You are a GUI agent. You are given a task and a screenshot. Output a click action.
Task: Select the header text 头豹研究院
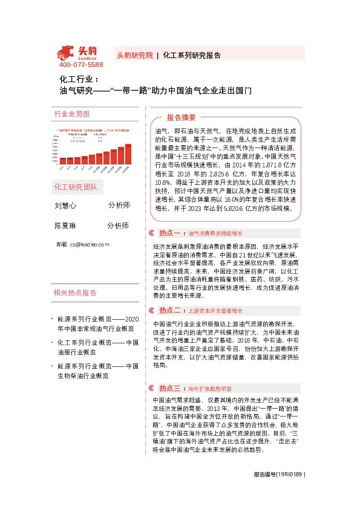(134, 54)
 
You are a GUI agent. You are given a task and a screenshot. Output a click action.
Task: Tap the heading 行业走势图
(71, 114)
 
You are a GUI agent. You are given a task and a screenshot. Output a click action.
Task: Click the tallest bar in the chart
(128, 157)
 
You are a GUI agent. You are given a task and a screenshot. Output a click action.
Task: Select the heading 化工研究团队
(75, 186)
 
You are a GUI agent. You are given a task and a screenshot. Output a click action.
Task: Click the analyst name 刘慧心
(65, 206)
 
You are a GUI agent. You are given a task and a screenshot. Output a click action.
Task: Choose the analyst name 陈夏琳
(65, 225)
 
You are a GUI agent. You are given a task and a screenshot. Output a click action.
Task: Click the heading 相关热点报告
(75, 276)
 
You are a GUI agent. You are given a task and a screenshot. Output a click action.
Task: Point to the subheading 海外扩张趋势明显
(210, 388)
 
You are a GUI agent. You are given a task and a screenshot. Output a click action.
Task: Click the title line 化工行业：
(74, 79)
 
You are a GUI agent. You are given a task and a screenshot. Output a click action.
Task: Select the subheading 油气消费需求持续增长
(215, 233)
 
